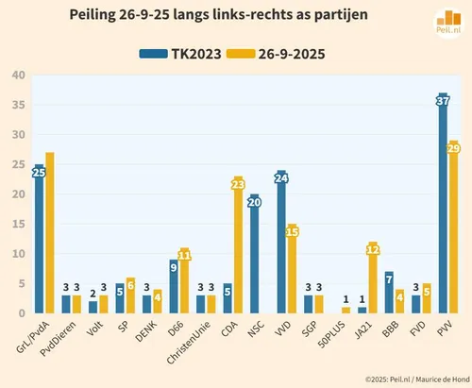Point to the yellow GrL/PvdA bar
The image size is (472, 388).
(49, 236)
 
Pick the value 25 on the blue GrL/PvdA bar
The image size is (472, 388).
(39, 172)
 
